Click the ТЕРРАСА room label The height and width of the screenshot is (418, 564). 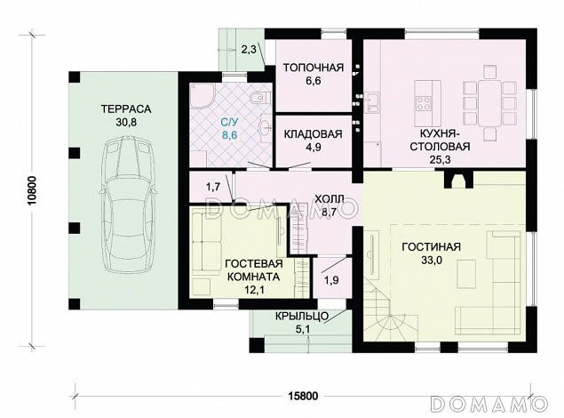coord(126,109)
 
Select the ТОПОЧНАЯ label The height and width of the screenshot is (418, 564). coord(313,68)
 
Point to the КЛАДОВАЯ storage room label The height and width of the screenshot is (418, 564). coord(313,134)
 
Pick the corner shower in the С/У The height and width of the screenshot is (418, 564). coord(202,96)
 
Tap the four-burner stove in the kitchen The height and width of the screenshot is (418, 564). coord(424,102)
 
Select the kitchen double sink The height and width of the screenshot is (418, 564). coord(372,102)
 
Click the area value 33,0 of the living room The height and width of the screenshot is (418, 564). coord(432,261)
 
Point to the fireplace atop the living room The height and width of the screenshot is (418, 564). coord(459,181)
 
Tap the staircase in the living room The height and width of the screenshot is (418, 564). coord(390,309)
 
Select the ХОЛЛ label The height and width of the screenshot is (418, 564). coord(330,198)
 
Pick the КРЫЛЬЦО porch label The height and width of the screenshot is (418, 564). coord(302,317)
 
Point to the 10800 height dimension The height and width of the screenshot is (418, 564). coord(33,191)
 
